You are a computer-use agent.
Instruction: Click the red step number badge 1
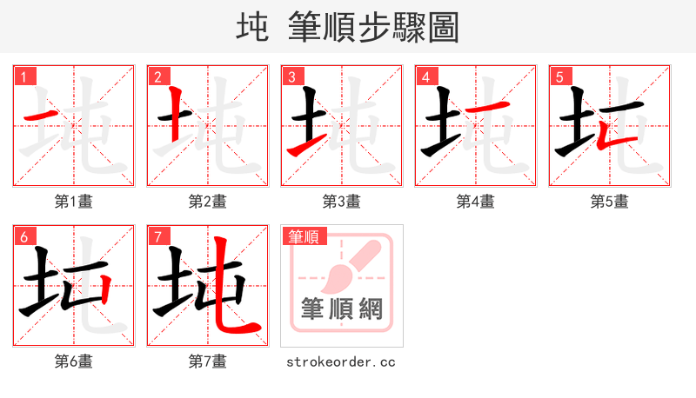pos(23,76)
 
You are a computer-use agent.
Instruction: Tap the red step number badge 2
pos(157,76)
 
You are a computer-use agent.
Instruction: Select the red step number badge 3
pos(291,76)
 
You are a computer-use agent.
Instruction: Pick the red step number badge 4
pos(425,76)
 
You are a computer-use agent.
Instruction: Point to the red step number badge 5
pos(559,76)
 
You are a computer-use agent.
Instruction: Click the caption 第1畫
pos(73,202)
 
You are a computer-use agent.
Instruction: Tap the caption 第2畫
pos(207,202)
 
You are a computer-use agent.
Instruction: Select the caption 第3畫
pos(341,202)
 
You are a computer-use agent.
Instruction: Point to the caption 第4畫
pos(475,202)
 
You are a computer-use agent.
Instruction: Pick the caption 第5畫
pos(609,202)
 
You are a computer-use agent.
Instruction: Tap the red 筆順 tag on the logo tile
pos(304,235)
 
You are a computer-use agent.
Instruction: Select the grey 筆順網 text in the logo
pos(341,309)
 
